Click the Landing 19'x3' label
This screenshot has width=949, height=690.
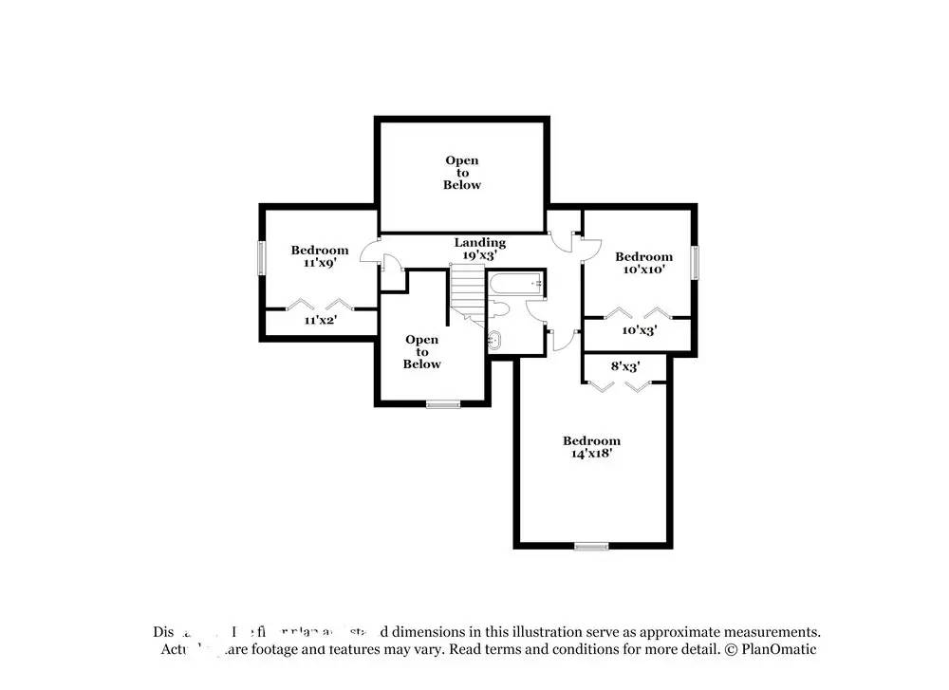(479, 249)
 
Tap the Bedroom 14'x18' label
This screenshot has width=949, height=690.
(591, 447)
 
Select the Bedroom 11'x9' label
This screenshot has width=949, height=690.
(320, 256)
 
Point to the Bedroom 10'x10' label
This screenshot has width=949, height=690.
(643, 262)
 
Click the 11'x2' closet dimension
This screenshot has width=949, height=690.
(321, 321)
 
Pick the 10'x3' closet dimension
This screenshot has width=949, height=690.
(639, 330)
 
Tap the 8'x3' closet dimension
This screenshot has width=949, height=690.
(624, 365)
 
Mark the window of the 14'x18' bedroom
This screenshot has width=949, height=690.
(591, 546)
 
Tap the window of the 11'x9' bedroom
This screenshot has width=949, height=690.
(262, 258)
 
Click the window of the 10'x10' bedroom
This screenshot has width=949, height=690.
(695, 263)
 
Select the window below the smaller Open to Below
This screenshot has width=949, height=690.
(442, 405)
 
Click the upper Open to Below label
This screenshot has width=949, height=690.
(462, 173)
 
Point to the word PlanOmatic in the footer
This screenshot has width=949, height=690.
(779, 650)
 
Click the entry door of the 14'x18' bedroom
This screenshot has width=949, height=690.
(568, 340)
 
